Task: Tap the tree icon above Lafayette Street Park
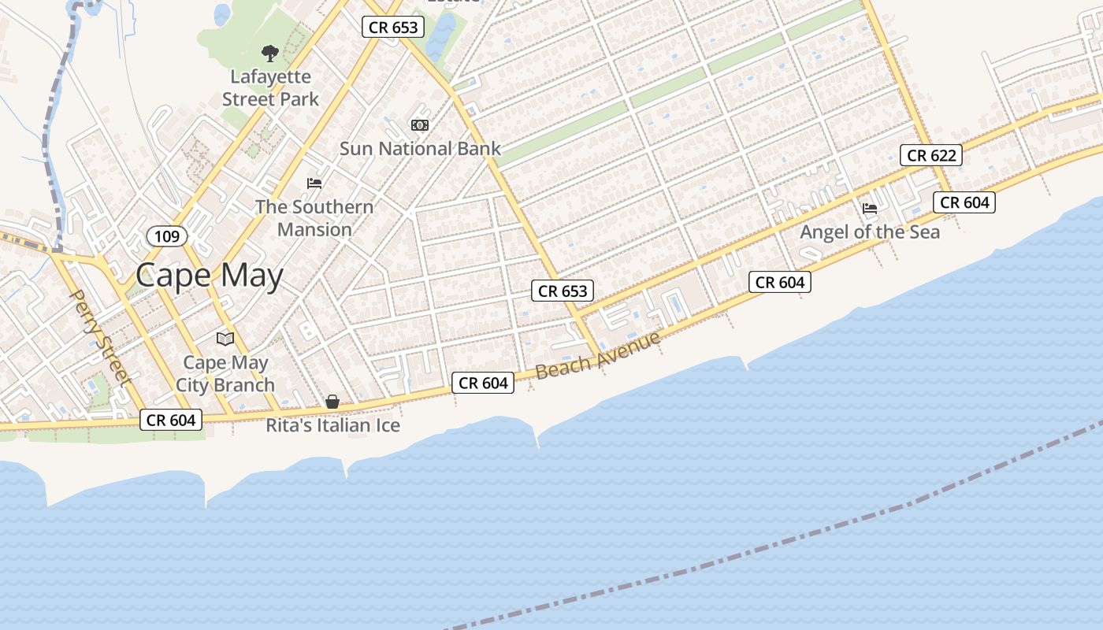(270, 54)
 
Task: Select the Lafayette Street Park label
(270, 87)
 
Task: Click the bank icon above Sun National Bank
(420, 125)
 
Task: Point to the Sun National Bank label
(420, 148)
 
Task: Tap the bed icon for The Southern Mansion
(314, 183)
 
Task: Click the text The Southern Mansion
(314, 218)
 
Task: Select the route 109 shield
(167, 236)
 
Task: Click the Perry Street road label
(100, 338)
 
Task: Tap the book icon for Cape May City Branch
(225, 339)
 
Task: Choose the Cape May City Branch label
(225, 374)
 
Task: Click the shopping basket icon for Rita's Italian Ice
(332, 402)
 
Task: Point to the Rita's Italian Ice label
(332, 425)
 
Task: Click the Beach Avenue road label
(598, 355)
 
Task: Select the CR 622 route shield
(931, 155)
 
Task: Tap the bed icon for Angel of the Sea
(870, 209)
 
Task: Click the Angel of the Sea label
(870, 232)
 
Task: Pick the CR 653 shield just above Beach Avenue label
(563, 291)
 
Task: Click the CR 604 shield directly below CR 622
(964, 202)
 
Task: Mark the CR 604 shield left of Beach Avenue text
(483, 383)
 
